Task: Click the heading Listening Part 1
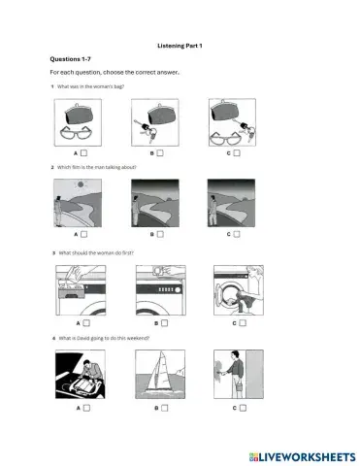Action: (x=180, y=46)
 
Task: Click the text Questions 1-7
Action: (x=70, y=59)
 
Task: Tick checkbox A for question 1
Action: (x=84, y=152)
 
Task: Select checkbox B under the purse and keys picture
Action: (x=160, y=152)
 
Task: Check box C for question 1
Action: (x=237, y=152)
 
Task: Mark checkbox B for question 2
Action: (x=160, y=234)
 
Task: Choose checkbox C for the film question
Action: (x=237, y=234)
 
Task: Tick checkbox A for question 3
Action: (x=84, y=322)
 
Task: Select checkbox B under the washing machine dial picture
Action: (x=160, y=322)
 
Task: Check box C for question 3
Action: (x=237, y=322)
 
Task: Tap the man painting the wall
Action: (x=220, y=373)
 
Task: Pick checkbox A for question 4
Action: (x=84, y=410)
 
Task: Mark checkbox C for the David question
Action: (x=237, y=410)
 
